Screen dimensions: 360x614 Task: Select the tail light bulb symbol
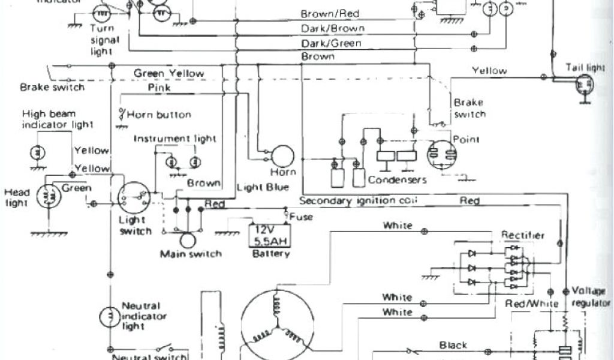tap(582, 86)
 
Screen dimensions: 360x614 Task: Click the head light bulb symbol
tap(47, 197)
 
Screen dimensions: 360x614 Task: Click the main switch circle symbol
tap(188, 240)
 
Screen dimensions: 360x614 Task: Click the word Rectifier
tap(523, 235)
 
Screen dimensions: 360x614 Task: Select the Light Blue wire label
tap(263, 187)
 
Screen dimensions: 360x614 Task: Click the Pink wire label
tap(159, 88)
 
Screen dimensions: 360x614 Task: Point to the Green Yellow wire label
tap(168, 73)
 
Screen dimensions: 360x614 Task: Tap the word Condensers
tap(397, 179)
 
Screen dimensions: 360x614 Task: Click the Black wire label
tap(453, 345)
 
